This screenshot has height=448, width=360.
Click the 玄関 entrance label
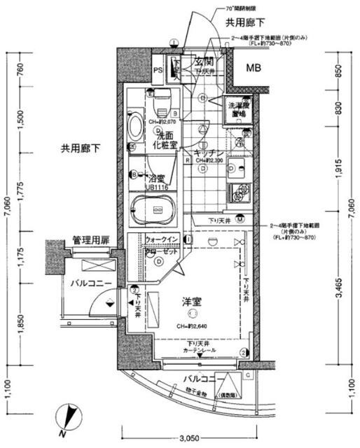(204, 62)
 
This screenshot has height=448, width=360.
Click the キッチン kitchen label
(209, 153)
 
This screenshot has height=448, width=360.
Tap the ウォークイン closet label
(162, 239)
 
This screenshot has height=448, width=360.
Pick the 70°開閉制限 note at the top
(230, 8)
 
